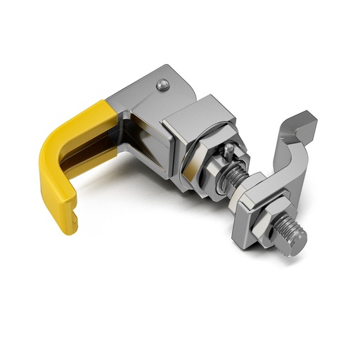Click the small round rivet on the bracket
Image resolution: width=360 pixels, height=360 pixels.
[x=163, y=85]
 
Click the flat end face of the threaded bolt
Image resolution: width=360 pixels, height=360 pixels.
[x=296, y=243]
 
